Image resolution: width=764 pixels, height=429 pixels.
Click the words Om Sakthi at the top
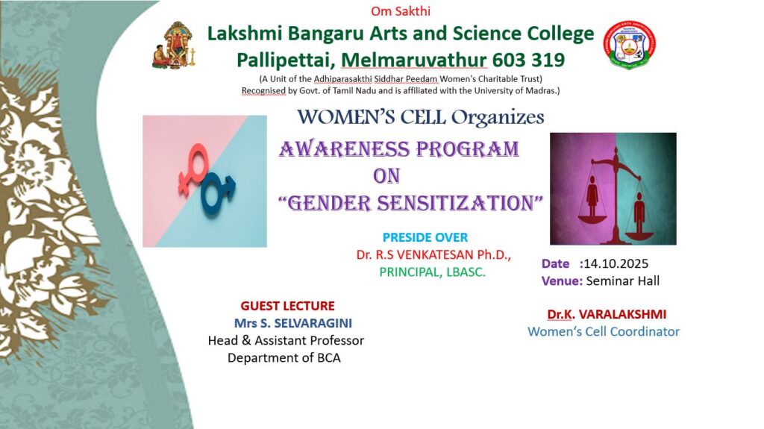point(401,10)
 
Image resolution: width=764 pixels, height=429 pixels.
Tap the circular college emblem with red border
point(630,46)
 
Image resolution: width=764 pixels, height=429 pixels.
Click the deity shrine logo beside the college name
point(175,45)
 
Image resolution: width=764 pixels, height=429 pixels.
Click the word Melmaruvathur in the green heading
point(413,60)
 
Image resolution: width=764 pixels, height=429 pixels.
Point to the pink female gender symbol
point(193,169)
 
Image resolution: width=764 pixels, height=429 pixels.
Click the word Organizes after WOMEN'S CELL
point(498,117)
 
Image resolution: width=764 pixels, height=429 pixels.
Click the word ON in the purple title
point(386,176)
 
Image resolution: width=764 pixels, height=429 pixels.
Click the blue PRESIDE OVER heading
point(425,237)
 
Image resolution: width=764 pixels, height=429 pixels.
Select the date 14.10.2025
point(616,263)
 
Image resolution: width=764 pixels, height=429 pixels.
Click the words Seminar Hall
point(623,281)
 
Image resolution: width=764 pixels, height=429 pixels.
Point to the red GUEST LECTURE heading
point(287,306)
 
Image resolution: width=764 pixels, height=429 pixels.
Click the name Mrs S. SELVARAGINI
point(292,323)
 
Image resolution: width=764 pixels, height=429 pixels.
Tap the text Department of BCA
point(284,358)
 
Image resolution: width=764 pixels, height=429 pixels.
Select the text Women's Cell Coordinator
point(603,331)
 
